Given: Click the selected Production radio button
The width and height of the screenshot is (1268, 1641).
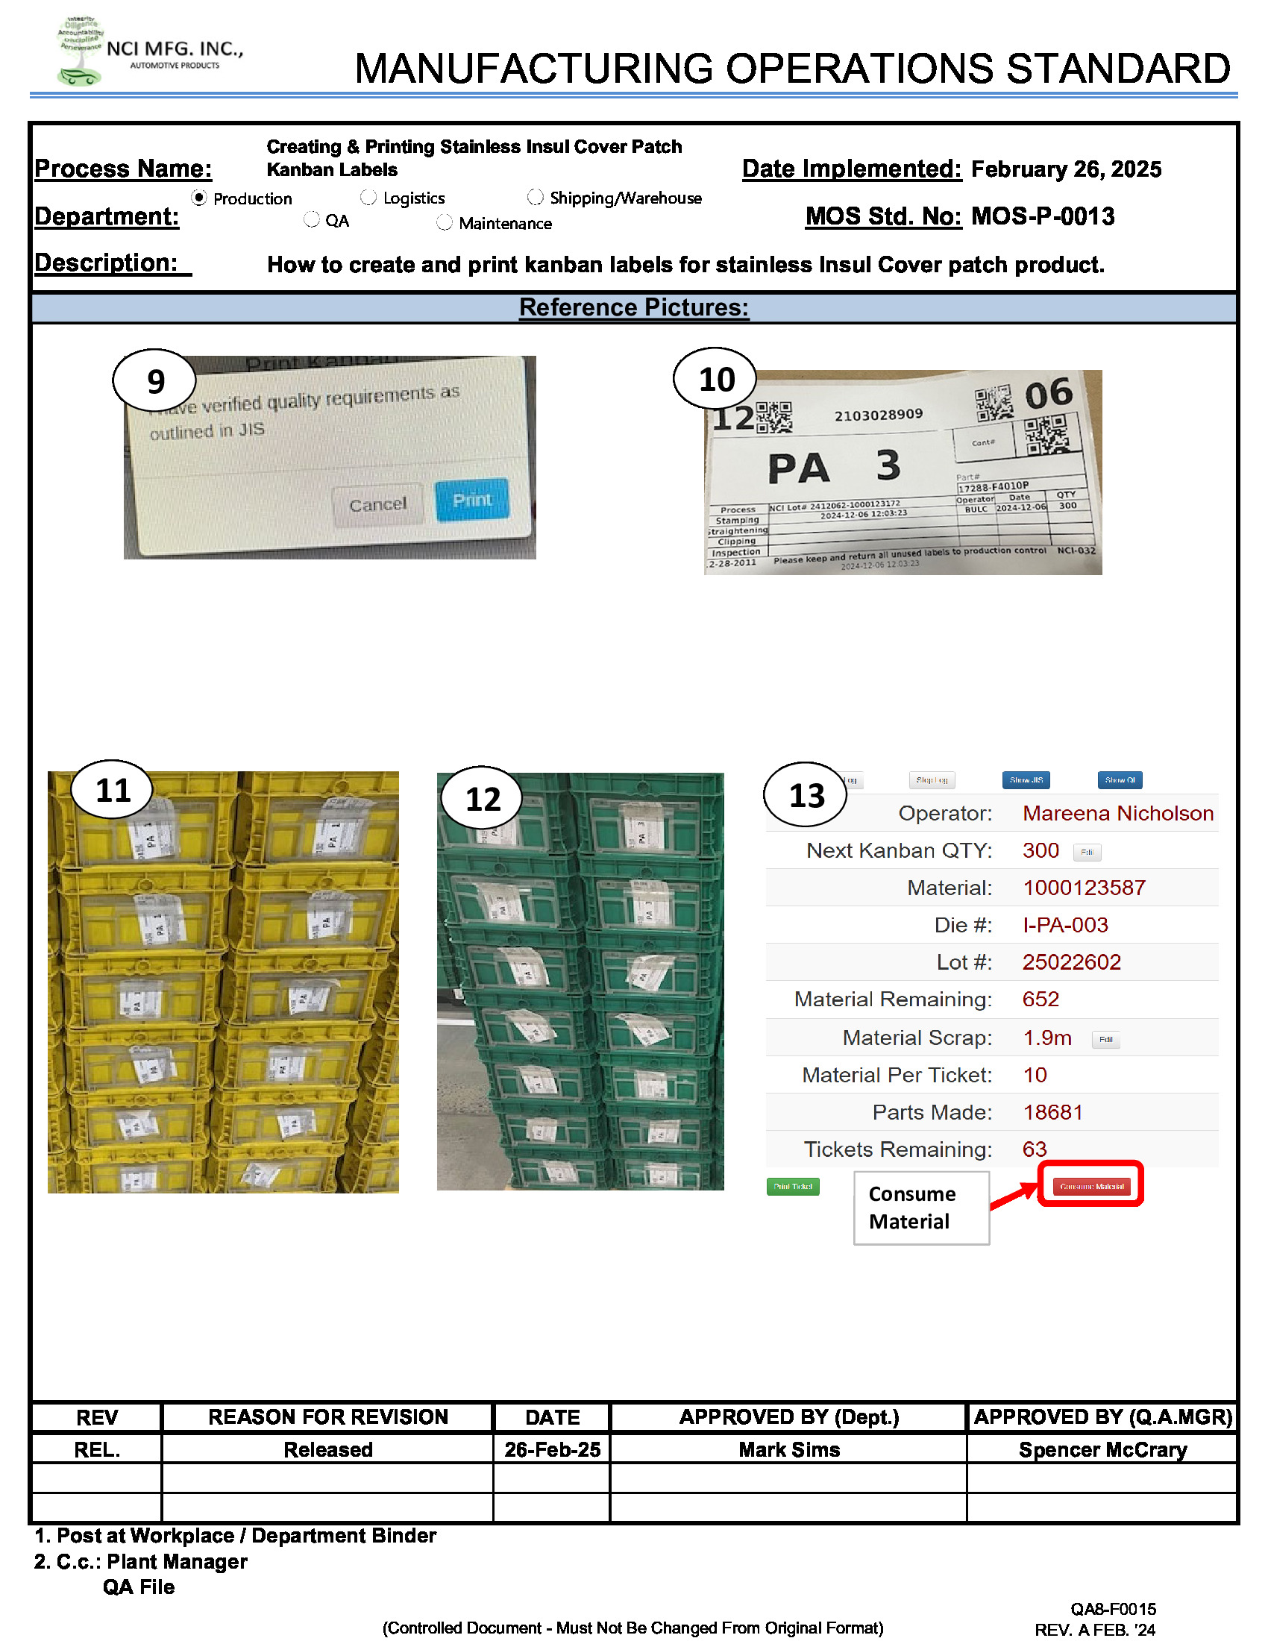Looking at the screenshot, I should coord(199,198).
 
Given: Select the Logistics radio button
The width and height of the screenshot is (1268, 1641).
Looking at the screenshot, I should coord(368,198).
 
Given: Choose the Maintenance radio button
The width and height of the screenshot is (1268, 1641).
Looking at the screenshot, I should coord(445,222).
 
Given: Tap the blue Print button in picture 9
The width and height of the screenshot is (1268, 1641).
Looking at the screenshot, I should coord(471,501).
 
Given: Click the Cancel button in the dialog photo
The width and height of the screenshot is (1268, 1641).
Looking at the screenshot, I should coord(377,504).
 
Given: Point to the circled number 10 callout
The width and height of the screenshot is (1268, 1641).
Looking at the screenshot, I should coord(715,380).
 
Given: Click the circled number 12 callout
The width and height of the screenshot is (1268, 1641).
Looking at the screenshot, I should coord(483,799).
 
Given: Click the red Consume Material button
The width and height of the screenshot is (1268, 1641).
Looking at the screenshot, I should coord(1090,1187).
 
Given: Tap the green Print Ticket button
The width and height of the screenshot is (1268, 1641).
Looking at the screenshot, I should coord(792,1187).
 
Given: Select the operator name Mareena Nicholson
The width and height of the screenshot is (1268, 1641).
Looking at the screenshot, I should coord(1117,813).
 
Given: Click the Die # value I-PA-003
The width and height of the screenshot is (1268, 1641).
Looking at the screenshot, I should coord(1064,925).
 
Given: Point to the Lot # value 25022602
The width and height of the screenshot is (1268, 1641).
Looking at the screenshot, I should coord(1070,962).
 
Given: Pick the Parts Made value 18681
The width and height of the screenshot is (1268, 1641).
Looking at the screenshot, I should coord(1052,1113).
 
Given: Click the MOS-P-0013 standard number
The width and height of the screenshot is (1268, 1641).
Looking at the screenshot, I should coord(1042,217).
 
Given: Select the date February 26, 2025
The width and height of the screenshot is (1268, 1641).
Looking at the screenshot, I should coord(1065,170).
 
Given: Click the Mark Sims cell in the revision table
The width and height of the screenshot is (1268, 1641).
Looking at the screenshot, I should coord(788,1449).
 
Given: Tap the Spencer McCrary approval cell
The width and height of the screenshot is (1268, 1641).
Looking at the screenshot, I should coord(1102,1449).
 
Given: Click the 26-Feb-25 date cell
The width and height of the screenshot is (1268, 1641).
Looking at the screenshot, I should coord(552,1449).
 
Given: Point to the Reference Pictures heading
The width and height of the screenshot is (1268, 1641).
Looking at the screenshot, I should coord(633,308).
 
